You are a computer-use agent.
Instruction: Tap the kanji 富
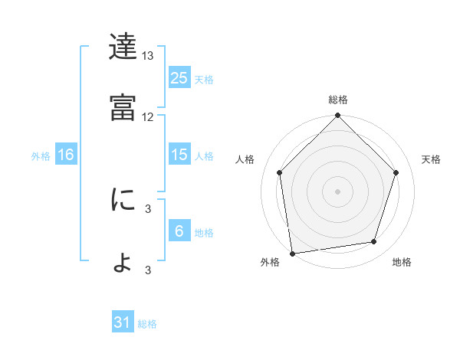click(123, 107)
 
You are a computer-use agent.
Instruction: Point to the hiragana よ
click(123, 263)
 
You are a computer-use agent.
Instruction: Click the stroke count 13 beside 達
click(148, 56)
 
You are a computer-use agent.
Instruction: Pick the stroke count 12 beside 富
click(148, 116)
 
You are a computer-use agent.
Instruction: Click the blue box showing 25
click(179, 77)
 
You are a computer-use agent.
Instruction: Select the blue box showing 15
click(179, 155)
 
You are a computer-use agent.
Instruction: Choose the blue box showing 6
click(179, 231)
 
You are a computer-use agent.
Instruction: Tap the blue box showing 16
click(65, 155)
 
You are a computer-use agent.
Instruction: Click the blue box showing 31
click(123, 322)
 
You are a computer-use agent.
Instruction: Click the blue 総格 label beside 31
click(147, 324)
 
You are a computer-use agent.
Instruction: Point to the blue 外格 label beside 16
click(41, 156)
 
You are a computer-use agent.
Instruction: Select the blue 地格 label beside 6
click(204, 233)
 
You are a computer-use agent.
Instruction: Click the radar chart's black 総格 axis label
click(338, 100)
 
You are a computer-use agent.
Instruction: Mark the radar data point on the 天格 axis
click(396, 172)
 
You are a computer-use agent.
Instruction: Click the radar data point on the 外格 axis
click(292, 253)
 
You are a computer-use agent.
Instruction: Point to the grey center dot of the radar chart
click(338, 191)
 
